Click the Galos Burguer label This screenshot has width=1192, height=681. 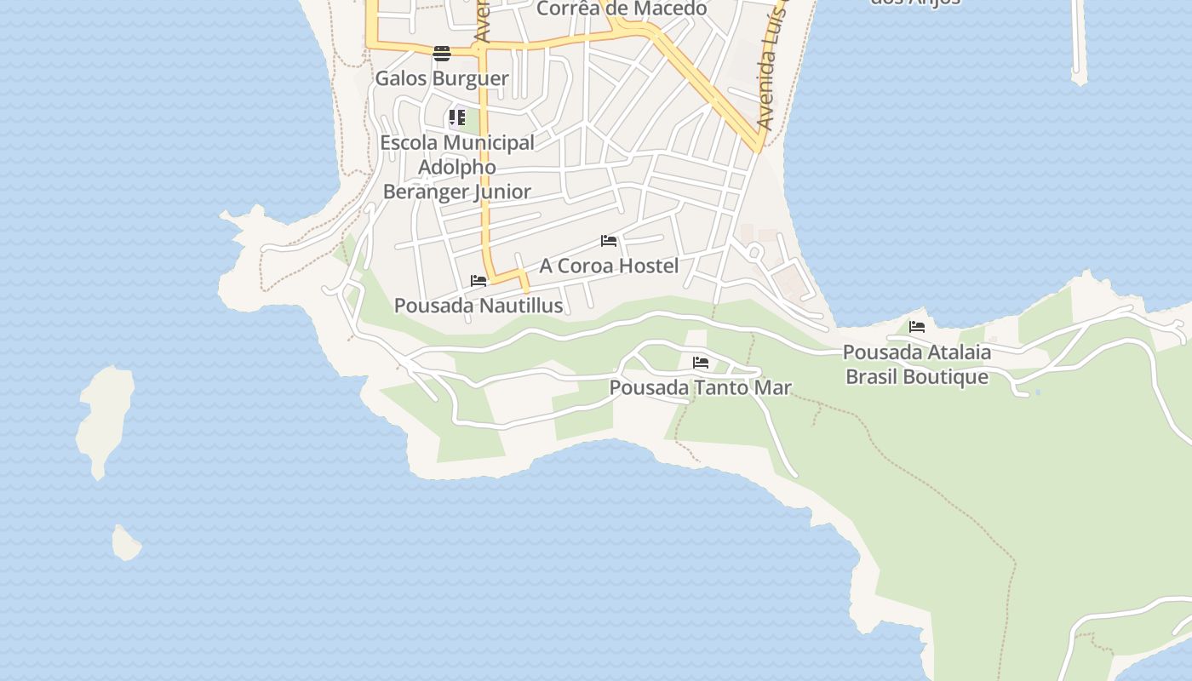click(442, 78)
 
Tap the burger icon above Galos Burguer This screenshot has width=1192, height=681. click(442, 54)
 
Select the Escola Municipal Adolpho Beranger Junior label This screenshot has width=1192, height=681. click(457, 167)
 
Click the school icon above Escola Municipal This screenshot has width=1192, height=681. click(457, 117)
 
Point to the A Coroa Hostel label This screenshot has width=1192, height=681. click(609, 266)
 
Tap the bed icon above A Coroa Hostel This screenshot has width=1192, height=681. click(609, 241)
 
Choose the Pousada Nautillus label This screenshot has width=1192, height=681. click(479, 305)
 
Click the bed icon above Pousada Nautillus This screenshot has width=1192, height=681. click(479, 280)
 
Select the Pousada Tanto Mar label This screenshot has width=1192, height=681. click(700, 387)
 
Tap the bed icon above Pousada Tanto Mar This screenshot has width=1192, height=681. click(701, 363)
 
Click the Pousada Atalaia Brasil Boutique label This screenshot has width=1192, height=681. click(917, 364)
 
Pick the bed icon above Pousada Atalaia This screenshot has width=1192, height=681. click(917, 326)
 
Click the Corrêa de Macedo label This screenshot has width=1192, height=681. click(622, 9)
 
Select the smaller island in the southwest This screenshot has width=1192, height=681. click(126, 543)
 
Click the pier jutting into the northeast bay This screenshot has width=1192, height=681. click(1079, 43)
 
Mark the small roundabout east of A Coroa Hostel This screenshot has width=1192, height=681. click(754, 251)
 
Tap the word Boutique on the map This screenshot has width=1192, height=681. click(947, 376)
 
